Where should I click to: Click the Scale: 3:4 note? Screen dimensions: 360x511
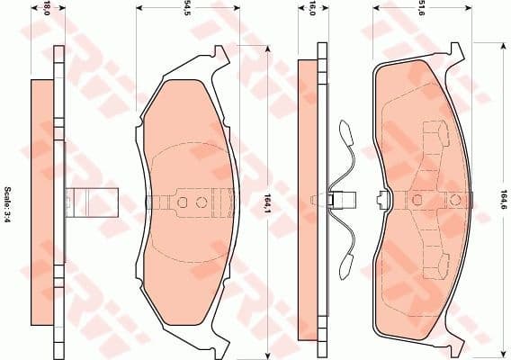(8, 204)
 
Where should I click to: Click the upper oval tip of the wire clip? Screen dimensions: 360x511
(345, 131)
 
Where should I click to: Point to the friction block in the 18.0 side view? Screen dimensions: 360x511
(42, 202)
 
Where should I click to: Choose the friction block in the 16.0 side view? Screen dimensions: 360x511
(309, 202)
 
